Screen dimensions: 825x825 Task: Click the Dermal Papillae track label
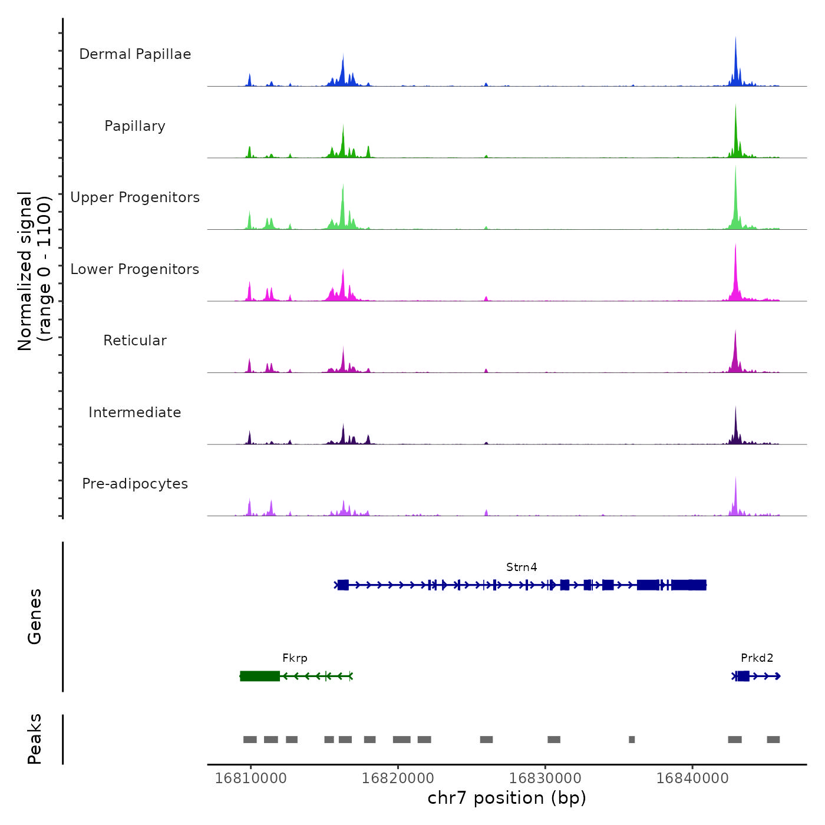coord(135,54)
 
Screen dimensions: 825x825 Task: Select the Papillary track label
coord(135,126)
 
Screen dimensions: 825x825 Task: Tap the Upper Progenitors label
coord(135,197)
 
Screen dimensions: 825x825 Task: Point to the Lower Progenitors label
coord(135,269)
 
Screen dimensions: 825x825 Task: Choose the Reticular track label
coord(135,341)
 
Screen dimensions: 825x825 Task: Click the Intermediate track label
coord(135,412)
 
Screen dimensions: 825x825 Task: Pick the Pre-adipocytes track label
coord(135,484)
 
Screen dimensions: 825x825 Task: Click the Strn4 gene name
coord(522,567)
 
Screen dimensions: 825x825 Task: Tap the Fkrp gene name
coord(295,658)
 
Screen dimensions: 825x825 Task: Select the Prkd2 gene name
coord(757,658)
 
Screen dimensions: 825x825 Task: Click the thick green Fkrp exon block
coord(260,676)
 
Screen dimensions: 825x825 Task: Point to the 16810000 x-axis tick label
coord(251,778)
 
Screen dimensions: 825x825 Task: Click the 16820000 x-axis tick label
coord(398,778)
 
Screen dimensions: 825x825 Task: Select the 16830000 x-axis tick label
coord(545,778)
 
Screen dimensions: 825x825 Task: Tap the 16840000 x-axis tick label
coord(692,778)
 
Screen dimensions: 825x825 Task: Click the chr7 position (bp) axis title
coord(507,798)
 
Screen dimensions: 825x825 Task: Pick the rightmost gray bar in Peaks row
coord(773,740)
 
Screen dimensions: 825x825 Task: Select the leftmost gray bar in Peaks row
coord(250,740)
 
